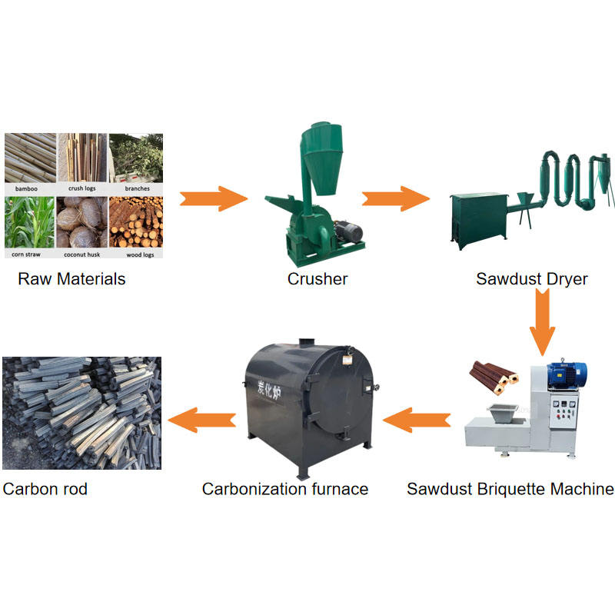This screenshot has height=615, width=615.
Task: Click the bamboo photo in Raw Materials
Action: point(30,158)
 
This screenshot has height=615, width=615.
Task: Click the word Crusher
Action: point(317,279)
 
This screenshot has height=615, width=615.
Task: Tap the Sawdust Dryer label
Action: point(531,279)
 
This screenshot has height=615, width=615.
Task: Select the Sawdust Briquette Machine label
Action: point(510,489)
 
